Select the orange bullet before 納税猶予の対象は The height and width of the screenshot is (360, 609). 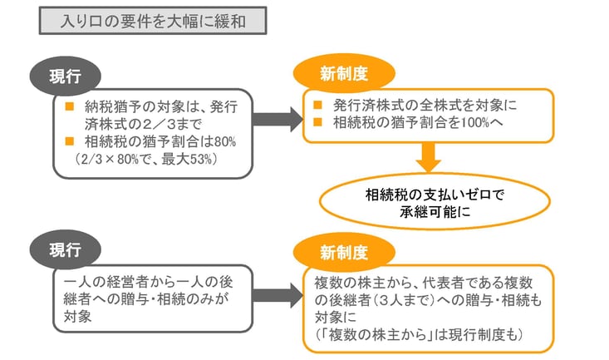[68, 107]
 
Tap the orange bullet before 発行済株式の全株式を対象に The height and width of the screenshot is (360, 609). [317, 107]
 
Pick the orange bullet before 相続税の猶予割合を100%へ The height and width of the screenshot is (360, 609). [317, 124]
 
